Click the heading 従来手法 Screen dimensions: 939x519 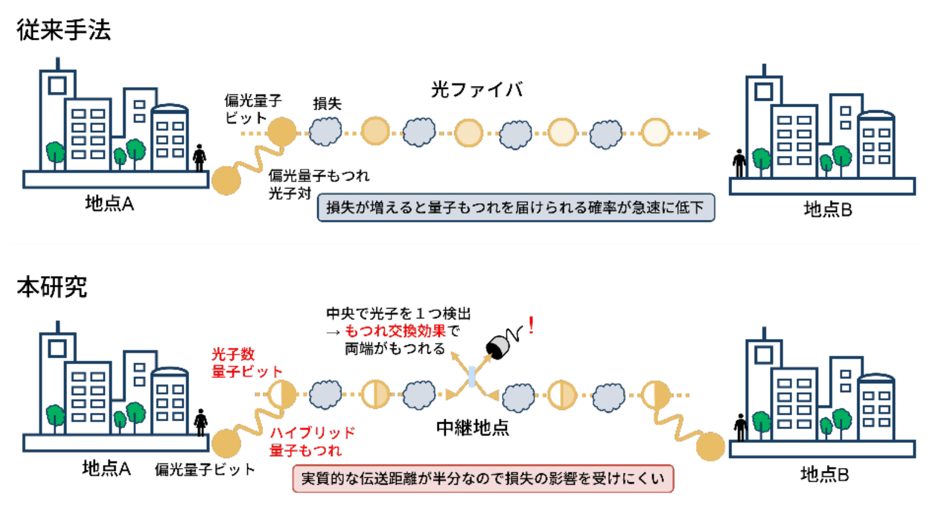[63, 31]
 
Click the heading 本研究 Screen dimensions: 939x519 [52, 287]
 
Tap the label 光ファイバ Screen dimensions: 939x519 [477, 89]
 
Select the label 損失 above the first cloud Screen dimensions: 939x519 [327, 104]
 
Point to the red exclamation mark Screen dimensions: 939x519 [531, 325]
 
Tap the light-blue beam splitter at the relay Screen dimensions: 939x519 [472, 377]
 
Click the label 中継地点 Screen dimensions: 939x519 [472, 428]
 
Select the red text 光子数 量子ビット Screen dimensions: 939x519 [247, 363]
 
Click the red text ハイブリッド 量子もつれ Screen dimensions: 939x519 [312, 441]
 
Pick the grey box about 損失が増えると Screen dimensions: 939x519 [516, 207]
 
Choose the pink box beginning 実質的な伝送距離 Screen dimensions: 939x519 [483, 479]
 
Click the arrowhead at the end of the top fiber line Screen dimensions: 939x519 [704, 134]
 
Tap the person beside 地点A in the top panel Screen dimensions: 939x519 [200, 158]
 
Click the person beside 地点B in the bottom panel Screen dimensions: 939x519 [740, 428]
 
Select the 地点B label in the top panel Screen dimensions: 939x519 [828, 210]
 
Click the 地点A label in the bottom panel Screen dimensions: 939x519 [107, 468]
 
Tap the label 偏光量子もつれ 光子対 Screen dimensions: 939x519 [319, 184]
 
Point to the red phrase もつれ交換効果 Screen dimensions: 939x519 [395, 331]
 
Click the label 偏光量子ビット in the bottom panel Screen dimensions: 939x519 [205, 470]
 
